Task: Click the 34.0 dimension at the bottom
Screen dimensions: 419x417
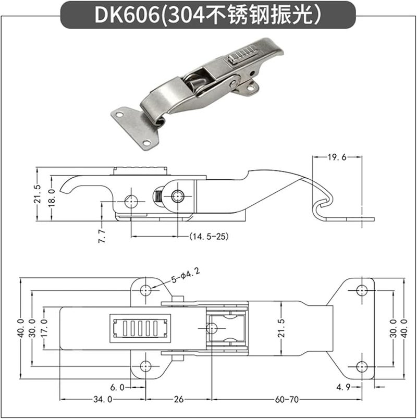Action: pos(102,400)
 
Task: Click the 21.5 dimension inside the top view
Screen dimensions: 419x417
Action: pos(282,328)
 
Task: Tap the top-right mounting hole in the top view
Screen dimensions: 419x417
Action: pos(362,290)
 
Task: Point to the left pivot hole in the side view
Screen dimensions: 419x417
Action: pos(130,200)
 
